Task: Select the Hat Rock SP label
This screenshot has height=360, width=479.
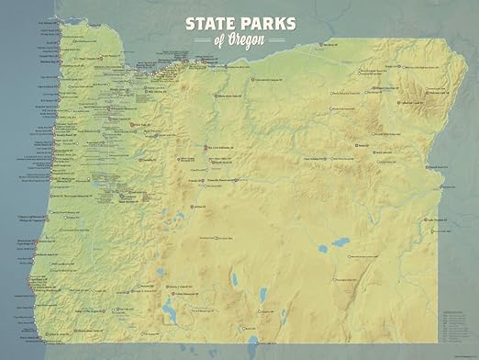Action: tap(330, 44)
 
